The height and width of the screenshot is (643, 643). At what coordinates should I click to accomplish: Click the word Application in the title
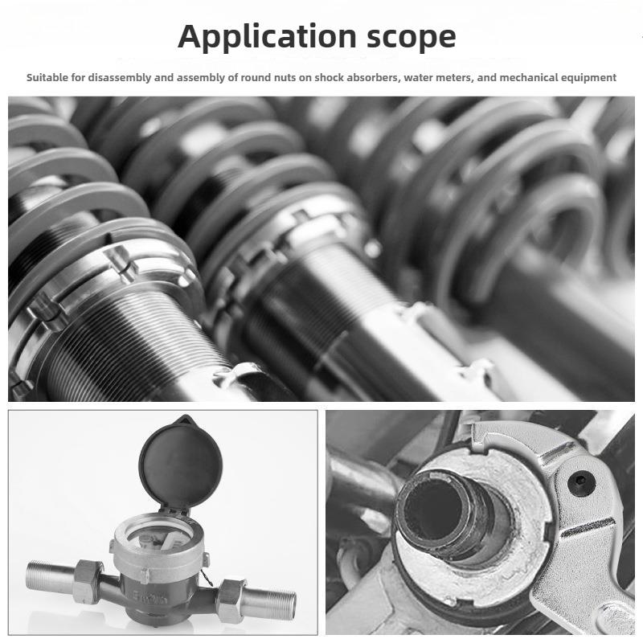click(x=267, y=37)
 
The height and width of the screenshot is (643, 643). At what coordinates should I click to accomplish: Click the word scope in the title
click(x=412, y=38)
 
